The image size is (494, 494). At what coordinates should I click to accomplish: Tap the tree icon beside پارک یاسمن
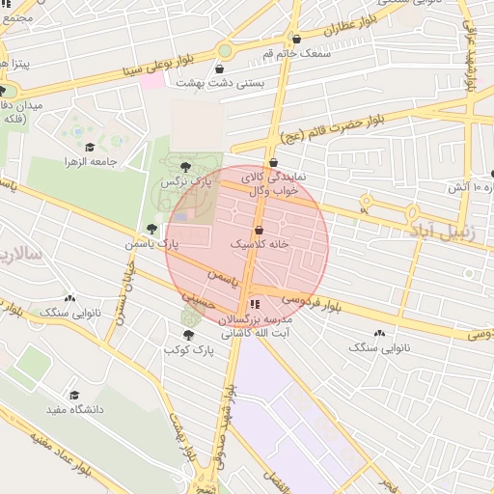tap(151, 229)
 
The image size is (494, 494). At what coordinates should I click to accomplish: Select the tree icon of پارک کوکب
tap(188, 335)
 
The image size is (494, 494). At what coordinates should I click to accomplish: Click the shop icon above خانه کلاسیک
tap(259, 231)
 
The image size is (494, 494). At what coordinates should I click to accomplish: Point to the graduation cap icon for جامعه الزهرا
tap(90, 148)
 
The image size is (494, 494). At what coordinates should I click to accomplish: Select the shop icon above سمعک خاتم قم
tap(296, 40)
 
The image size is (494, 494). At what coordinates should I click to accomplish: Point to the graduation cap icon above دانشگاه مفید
tap(74, 395)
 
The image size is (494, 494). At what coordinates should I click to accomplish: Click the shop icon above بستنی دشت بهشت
tap(221, 69)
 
